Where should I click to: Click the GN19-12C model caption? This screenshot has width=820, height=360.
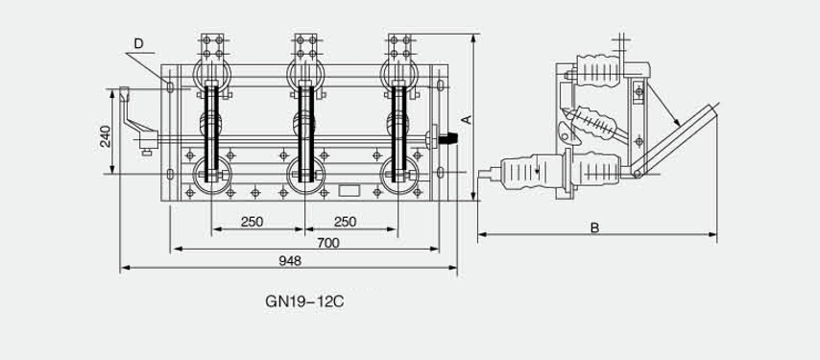(304, 302)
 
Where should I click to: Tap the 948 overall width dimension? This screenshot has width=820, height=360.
(290, 261)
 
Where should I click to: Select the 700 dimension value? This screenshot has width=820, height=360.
(327, 243)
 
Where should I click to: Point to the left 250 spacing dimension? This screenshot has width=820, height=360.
(253, 222)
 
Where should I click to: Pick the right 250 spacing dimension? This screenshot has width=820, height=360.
(345, 222)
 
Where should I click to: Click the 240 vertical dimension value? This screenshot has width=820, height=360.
(105, 136)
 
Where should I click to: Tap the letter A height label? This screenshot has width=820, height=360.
(467, 120)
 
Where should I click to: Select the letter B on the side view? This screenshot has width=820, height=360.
(594, 228)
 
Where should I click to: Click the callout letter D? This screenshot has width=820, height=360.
(138, 43)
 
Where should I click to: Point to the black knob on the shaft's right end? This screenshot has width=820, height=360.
(449, 138)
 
